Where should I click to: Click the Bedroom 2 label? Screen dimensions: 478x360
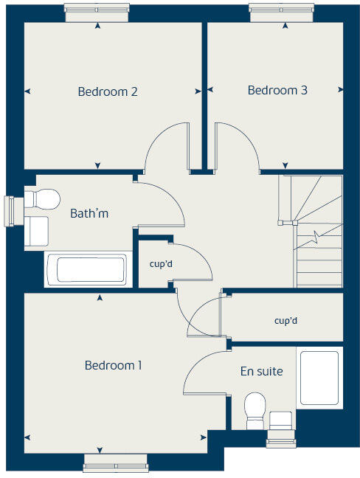(x=108, y=92)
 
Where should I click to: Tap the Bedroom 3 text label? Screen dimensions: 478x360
(x=277, y=91)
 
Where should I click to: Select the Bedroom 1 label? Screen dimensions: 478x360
(x=113, y=365)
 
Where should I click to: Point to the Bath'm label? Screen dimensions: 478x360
(x=89, y=214)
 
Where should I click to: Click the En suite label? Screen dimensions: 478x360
(x=261, y=372)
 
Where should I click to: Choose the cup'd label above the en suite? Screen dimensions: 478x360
(x=285, y=321)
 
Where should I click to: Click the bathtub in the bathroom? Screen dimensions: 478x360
(x=86, y=269)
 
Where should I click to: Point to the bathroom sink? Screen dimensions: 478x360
(x=37, y=231)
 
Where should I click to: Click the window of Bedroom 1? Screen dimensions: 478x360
(x=116, y=463)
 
